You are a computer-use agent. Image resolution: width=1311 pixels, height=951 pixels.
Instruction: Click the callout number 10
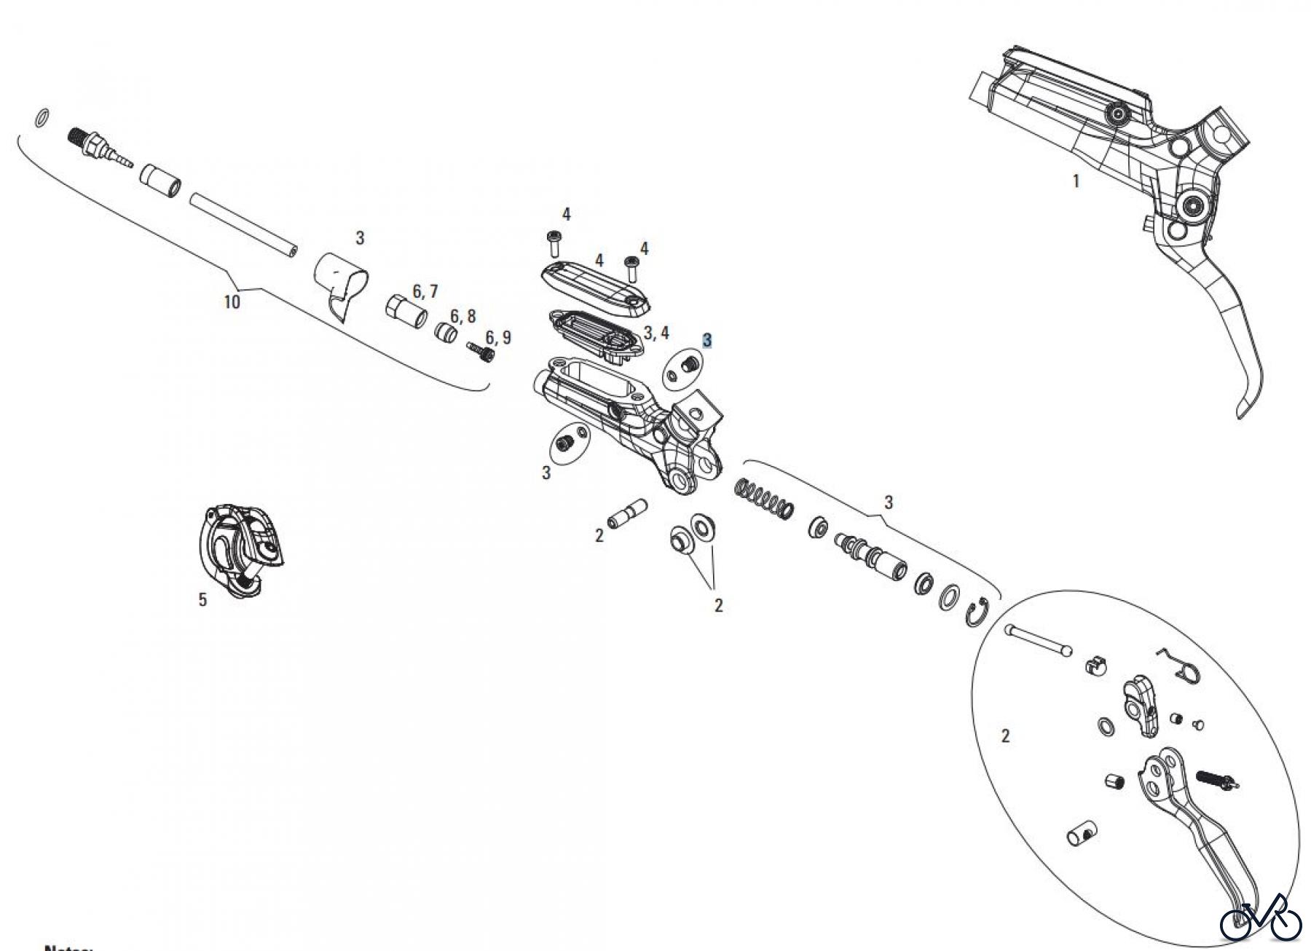pyautogui.click(x=232, y=301)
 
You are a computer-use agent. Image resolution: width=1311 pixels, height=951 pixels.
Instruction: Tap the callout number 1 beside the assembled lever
pyautogui.click(x=1076, y=181)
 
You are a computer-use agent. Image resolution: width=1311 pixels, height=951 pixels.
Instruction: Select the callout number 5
pyautogui.click(x=202, y=599)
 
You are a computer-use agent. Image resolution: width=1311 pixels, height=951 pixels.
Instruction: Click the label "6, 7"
pyautogui.click(x=425, y=292)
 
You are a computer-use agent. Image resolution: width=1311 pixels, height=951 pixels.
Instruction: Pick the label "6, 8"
pyautogui.click(x=462, y=316)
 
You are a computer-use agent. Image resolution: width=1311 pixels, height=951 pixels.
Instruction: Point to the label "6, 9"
pyautogui.click(x=498, y=338)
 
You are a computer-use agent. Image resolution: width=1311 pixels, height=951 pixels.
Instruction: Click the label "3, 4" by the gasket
pyautogui.click(x=656, y=334)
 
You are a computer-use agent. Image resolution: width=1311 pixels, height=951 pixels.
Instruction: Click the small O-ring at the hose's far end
pyautogui.click(x=43, y=117)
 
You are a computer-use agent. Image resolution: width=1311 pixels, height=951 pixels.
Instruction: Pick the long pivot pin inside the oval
pyautogui.click(x=1039, y=640)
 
